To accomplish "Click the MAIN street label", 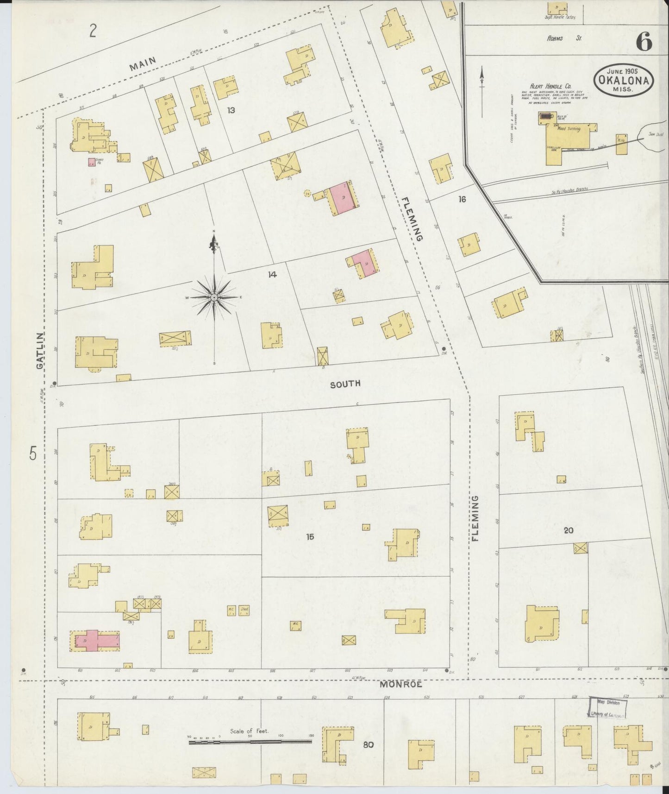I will (143, 63).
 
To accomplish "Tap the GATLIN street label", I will (40, 350).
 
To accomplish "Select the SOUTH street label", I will (345, 384).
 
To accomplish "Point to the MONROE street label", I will (401, 684).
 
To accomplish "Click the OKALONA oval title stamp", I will (624, 80).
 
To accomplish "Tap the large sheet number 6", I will (644, 42).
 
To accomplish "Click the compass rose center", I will (215, 296).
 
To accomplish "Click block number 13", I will (231, 110).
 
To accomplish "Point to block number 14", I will (272, 275).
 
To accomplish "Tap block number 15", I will (310, 536).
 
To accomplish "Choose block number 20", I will (569, 530).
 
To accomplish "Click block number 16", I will (462, 199).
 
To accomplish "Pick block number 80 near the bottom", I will (369, 745).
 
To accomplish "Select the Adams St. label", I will (564, 38).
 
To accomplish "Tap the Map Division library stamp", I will (608, 706).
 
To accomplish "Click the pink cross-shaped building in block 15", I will (96, 640).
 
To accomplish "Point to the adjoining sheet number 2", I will (93, 32).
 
